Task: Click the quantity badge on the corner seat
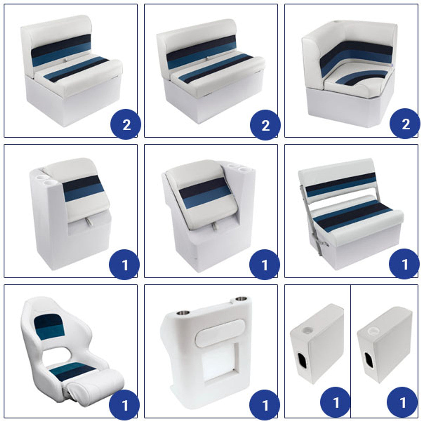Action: [405, 124]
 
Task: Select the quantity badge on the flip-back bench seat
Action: [404, 264]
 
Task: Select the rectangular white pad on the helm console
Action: [220, 333]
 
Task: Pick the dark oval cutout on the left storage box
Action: [302, 359]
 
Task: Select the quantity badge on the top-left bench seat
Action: [126, 125]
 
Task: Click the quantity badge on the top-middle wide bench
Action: [265, 125]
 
